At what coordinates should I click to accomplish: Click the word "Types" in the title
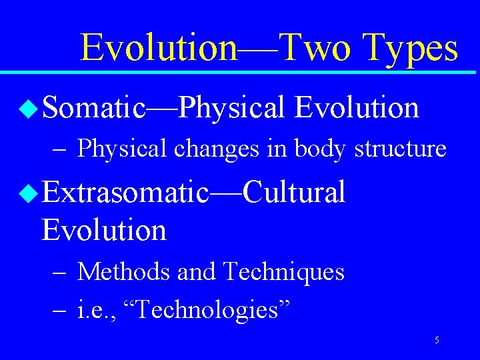pyautogui.click(x=411, y=48)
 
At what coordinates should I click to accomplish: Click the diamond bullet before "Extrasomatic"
pyautogui.click(x=29, y=194)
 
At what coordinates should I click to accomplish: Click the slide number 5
pyautogui.click(x=437, y=341)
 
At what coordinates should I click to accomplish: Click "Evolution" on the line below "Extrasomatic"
pyautogui.click(x=104, y=230)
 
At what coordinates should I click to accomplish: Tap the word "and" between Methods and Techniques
pyautogui.click(x=197, y=272)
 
